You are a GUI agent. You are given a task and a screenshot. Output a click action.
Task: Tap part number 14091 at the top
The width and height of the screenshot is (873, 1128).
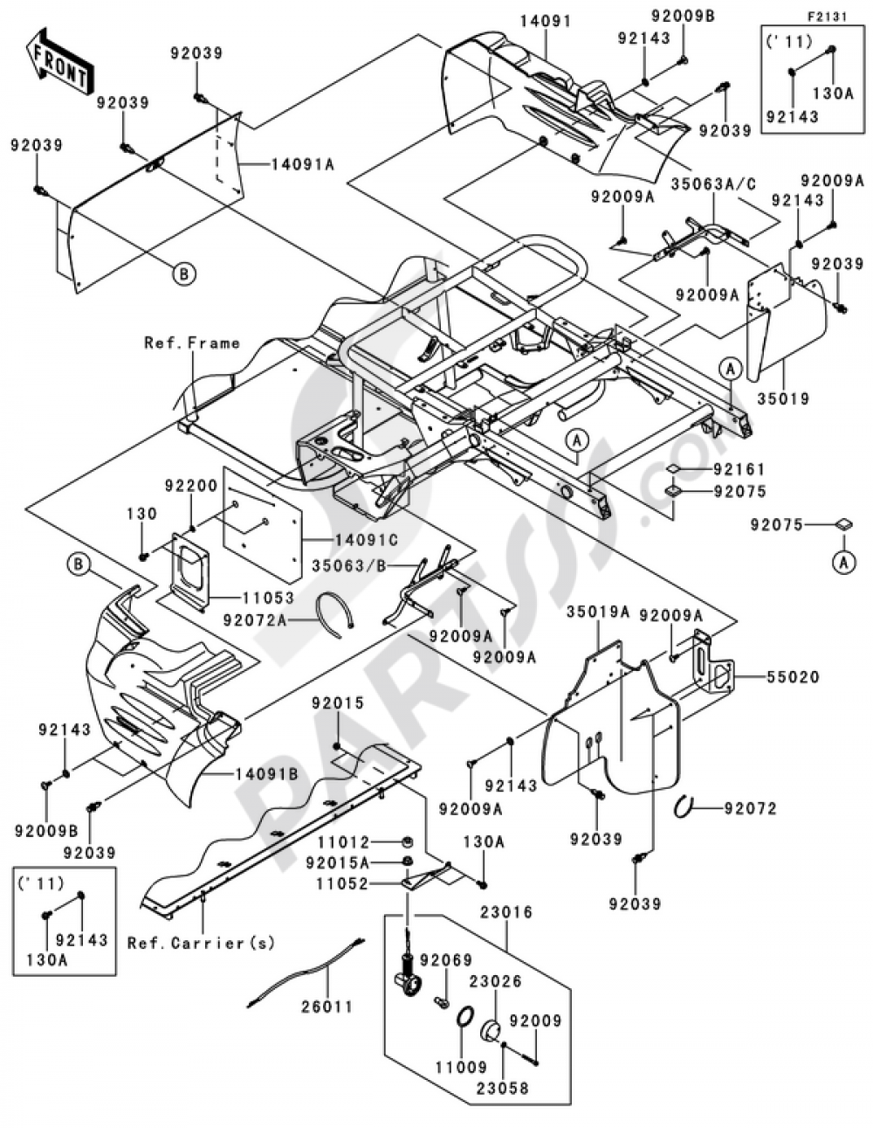[x=546, y=21]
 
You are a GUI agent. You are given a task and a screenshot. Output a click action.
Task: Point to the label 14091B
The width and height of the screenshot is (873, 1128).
[x=266, y=775]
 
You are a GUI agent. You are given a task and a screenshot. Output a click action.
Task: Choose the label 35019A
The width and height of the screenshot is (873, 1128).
[x=598, y=612]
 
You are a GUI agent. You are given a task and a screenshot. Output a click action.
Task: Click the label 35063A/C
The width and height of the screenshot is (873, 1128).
[x=714, y=184]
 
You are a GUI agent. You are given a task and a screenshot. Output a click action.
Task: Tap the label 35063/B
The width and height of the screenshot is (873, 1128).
[x=349, y=566]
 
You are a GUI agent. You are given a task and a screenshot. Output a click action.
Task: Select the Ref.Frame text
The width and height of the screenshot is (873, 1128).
[x=192, y=343]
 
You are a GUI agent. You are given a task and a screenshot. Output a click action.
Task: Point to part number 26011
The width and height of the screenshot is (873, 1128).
[x=327, y=1007]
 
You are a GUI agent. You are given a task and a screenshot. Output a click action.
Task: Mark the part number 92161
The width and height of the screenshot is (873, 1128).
[x=739, y=469]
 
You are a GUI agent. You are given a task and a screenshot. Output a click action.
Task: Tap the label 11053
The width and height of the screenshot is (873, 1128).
[x=268, y=598]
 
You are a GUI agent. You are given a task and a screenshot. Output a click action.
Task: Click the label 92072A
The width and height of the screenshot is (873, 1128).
[x=255, y=620]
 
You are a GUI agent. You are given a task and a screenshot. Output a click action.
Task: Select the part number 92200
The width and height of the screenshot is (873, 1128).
[x=191, y=486]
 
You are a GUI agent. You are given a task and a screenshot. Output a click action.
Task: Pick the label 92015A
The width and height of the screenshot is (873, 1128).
[x=338, y=862]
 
